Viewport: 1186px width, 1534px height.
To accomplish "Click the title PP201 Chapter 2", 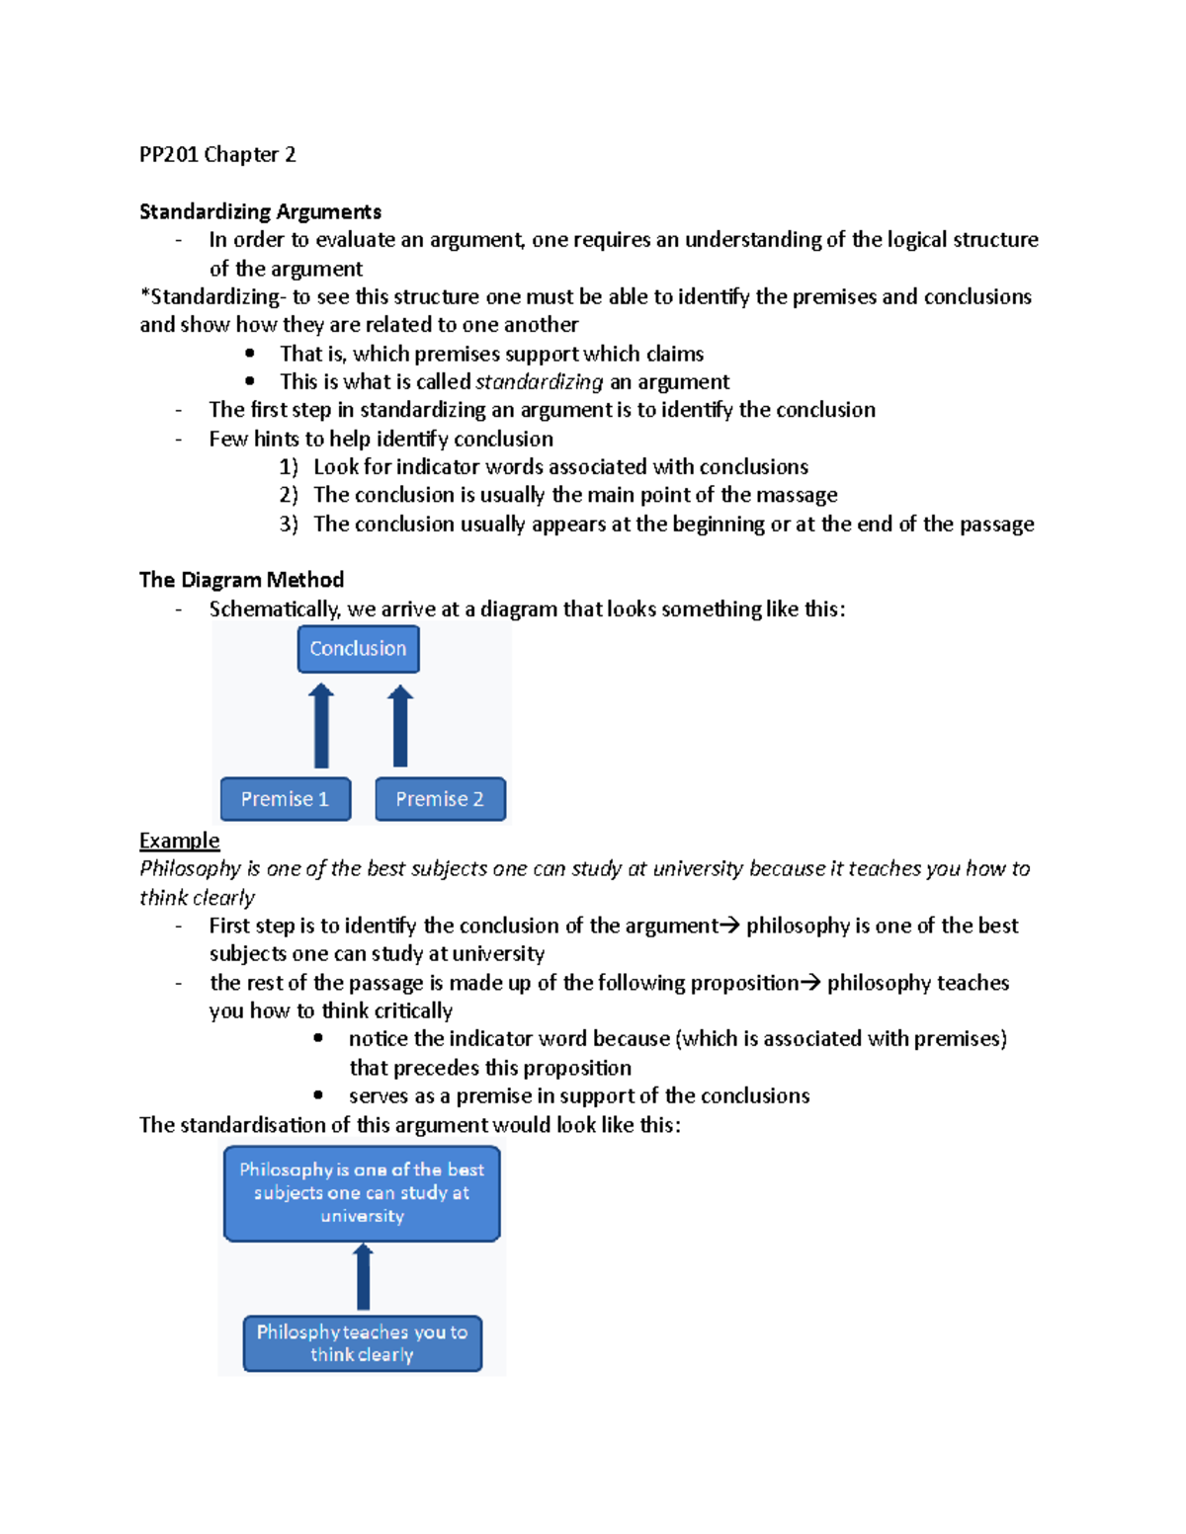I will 217,154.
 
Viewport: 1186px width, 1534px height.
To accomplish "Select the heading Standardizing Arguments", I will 260,211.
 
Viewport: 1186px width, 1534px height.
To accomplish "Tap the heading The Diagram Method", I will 241,580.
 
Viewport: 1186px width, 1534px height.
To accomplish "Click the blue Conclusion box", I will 358,649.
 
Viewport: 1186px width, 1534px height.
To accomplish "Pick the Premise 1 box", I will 285,799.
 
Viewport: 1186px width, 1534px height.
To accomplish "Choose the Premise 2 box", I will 440,799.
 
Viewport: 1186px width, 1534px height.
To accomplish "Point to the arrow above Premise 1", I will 321,726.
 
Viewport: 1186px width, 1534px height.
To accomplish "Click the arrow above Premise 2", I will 400,726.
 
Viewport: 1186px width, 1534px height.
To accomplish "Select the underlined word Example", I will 179,841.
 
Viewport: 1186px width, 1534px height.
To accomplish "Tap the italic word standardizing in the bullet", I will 539,382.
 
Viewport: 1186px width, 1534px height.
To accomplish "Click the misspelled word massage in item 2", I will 798,495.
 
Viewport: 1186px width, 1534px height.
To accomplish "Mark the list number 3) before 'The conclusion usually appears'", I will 288,525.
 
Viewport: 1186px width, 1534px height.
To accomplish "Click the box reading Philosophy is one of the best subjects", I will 362,1192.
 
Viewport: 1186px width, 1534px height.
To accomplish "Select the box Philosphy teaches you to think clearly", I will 362,1343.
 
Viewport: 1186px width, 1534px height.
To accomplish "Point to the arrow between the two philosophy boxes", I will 363,1277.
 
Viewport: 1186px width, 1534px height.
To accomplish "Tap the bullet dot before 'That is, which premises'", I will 250,354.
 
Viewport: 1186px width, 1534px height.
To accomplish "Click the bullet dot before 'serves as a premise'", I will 318,1095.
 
